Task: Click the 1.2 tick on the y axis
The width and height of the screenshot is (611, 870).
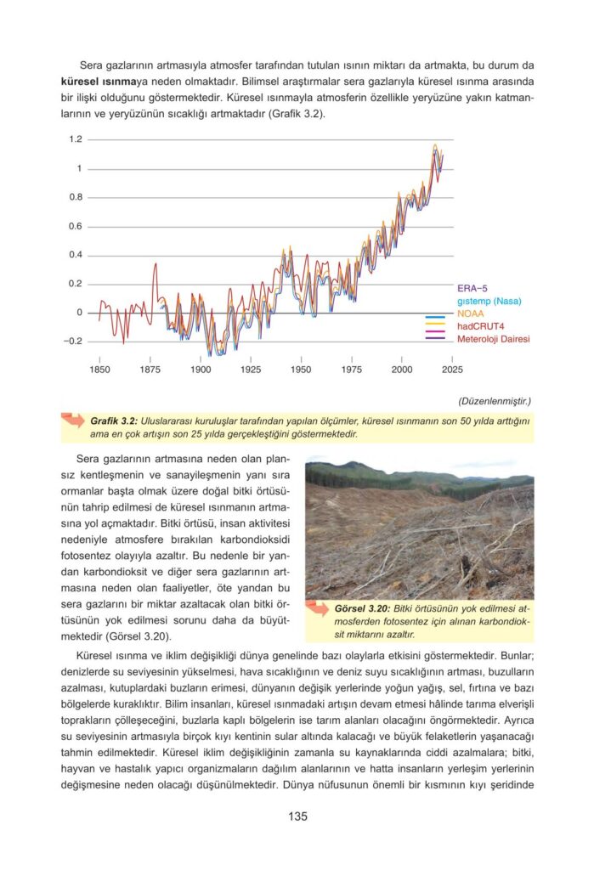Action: click(x=76, y=139)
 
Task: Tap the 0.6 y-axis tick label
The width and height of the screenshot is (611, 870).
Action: click(x=76, y=226)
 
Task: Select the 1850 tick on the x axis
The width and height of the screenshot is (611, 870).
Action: click(x=99, y=370)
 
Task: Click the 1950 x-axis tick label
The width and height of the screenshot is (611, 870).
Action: click(x=301, y=370)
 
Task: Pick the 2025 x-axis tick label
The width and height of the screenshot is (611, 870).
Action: click(x=452, y=370)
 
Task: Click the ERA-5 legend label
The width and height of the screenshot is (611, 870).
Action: click(x=472, y=289)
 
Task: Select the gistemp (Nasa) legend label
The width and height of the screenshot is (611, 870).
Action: click(x=489, y=301)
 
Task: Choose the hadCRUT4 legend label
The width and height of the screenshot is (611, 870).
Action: click(x=482, y=326)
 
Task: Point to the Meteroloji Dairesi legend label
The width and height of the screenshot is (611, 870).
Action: click(x=494, y=339)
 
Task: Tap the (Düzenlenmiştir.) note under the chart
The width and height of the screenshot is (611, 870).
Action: click(x=495, y=400)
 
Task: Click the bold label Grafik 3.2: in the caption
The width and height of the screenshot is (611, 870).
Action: click(x=114, y=421)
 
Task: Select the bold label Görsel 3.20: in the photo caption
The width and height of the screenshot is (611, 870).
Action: click(x=362, y=609)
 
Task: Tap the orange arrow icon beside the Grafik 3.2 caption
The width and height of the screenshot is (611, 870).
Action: click(x=73, y=421)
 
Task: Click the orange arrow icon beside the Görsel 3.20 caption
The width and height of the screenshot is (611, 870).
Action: click(x=319, y=609)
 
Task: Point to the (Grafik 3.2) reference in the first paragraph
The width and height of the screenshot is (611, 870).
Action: click(x=294, y=113)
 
